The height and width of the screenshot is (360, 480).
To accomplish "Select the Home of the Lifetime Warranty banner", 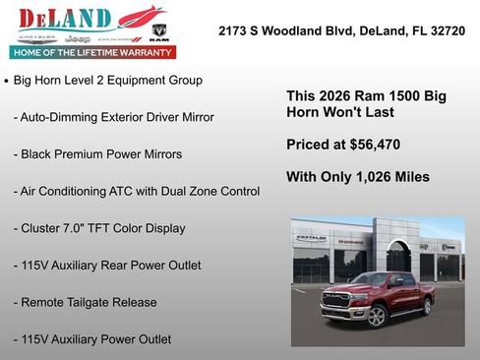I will (x=91, y=51).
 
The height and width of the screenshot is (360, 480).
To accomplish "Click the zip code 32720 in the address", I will (x=446, y=31).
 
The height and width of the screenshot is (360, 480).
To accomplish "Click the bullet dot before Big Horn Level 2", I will (x=8, y=81).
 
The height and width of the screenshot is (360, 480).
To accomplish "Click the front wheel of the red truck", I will (x=375, y=315).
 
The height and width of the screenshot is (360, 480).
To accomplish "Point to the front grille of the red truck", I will (x=339, y=299).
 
